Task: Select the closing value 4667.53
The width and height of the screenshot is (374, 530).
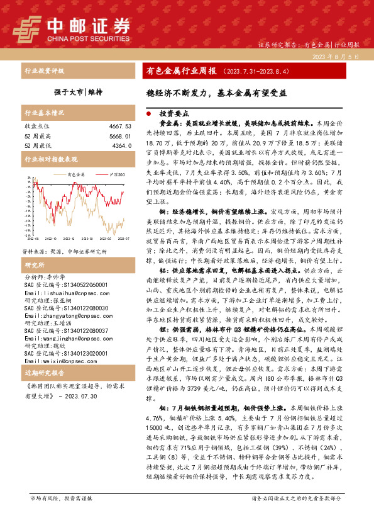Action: coord(118,127)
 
